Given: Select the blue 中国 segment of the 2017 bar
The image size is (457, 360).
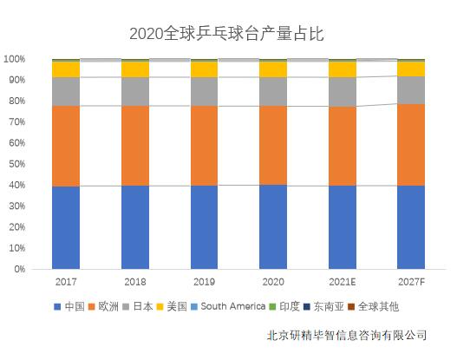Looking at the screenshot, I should point(66,227).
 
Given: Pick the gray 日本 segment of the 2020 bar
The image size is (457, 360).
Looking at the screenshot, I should point(273,91).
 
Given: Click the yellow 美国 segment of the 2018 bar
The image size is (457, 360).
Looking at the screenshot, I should point(134,69).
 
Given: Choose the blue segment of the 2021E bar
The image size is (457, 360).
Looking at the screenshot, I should point(342,227).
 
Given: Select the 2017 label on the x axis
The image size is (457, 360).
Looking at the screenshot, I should point(66,283).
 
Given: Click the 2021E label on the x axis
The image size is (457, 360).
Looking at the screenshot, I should point(342,283).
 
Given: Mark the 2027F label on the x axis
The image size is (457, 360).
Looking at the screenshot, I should point(411,283).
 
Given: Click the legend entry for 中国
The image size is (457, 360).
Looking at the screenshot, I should point(69,306).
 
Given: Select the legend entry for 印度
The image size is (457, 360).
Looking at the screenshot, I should point(290,306).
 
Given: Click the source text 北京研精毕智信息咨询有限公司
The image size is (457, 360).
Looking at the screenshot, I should point(347,335).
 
